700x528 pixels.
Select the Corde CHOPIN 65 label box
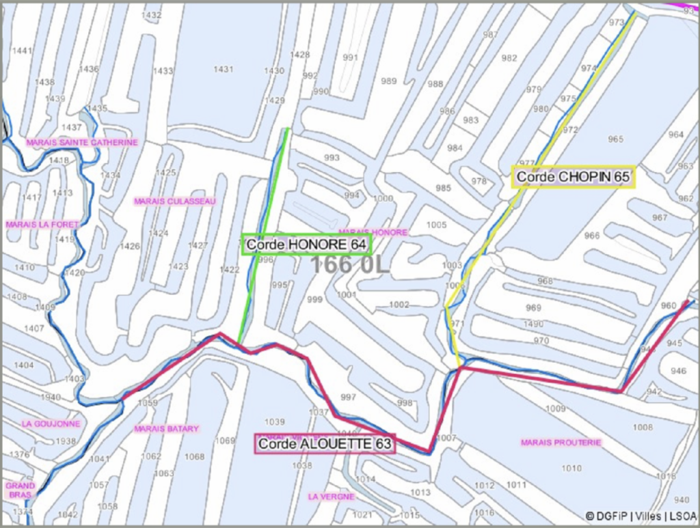pos(573,177)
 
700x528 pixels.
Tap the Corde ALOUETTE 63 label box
pos(325,444)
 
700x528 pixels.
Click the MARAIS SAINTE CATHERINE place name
pos(82,143)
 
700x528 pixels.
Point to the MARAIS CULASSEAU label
pos(175,202)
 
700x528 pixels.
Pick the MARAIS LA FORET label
pos(42,224)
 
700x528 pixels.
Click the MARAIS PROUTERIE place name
pos(561,443)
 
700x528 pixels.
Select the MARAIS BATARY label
pos(167,429)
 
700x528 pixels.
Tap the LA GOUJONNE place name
pos(51,423)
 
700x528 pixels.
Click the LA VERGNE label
pos(331,497)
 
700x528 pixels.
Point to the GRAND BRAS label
pos(20,490)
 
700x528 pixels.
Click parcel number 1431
pos(224,70)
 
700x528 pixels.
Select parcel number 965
pos(615,139)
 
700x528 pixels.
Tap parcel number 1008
pos(642,428)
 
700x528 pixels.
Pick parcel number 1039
pos(274,421)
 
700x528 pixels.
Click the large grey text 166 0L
pos(350,265)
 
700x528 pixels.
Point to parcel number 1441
pos(23,51)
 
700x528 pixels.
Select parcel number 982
pos(509,58)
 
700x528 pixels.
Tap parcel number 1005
pos(436,225)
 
